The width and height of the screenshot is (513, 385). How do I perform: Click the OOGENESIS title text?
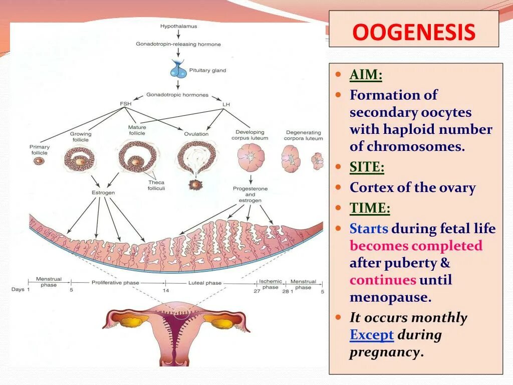pyautogui.click(x=413, y=33)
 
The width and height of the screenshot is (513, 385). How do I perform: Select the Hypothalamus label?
pyautogui.click(x=178, y=26)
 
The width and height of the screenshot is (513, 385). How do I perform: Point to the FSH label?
pyautogui.click(x=125, y=104)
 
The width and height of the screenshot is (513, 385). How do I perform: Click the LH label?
pyautogui.click(x=226, y=104)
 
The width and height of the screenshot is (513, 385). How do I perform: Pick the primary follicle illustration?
pyautogui.click(x=39, y=161)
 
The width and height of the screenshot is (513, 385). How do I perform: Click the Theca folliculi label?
pyautogui.click(x=156, y=185)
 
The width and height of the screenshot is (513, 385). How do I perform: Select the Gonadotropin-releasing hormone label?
pyautogui.click(x=178, y=44)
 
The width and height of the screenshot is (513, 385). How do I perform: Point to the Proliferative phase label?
pyautogui.click(x=115, y=283)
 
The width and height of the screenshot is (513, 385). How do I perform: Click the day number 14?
pyautogui.click(x=165, y=291)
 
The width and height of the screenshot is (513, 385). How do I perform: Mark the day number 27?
pyautogui.click(x=256, y=291)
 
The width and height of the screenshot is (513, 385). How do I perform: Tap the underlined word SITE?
pyautogui.click(x=367, y=167)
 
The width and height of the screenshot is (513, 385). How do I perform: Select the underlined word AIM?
pyautogui.click(x=366, y=76)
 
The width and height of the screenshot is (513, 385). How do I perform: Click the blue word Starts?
pyautogui.click(x=369, y=229)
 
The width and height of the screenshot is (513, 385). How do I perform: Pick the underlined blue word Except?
pyautogui.click(x=372, y=335)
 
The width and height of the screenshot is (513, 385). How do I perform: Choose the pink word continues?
pyautogui.click(x=383, y=280)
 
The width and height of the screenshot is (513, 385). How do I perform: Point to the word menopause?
pyautogui.click(x=390, y=297)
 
